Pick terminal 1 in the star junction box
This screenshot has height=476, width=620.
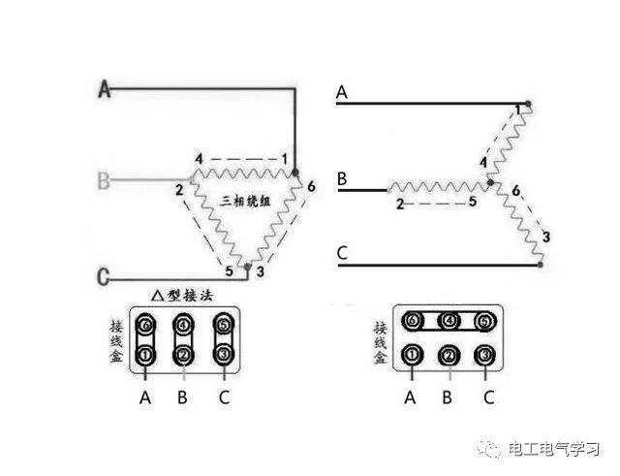pyautogui.click(x=413, y=355)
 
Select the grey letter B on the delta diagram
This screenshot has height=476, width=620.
pyautogui.click(x=105, y=179)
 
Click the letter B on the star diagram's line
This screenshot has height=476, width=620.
pyautogui.click(x=342, y=179)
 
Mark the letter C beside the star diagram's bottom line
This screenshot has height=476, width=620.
pyautogui.click(x=342, y=255)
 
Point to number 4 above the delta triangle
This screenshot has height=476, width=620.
pyautogui.click(x=199, y=158)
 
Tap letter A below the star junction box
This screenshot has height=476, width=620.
pyautogui.click(x=411, y=397)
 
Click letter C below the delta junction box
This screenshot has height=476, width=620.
pyautogui.click(x=225, y=397)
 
